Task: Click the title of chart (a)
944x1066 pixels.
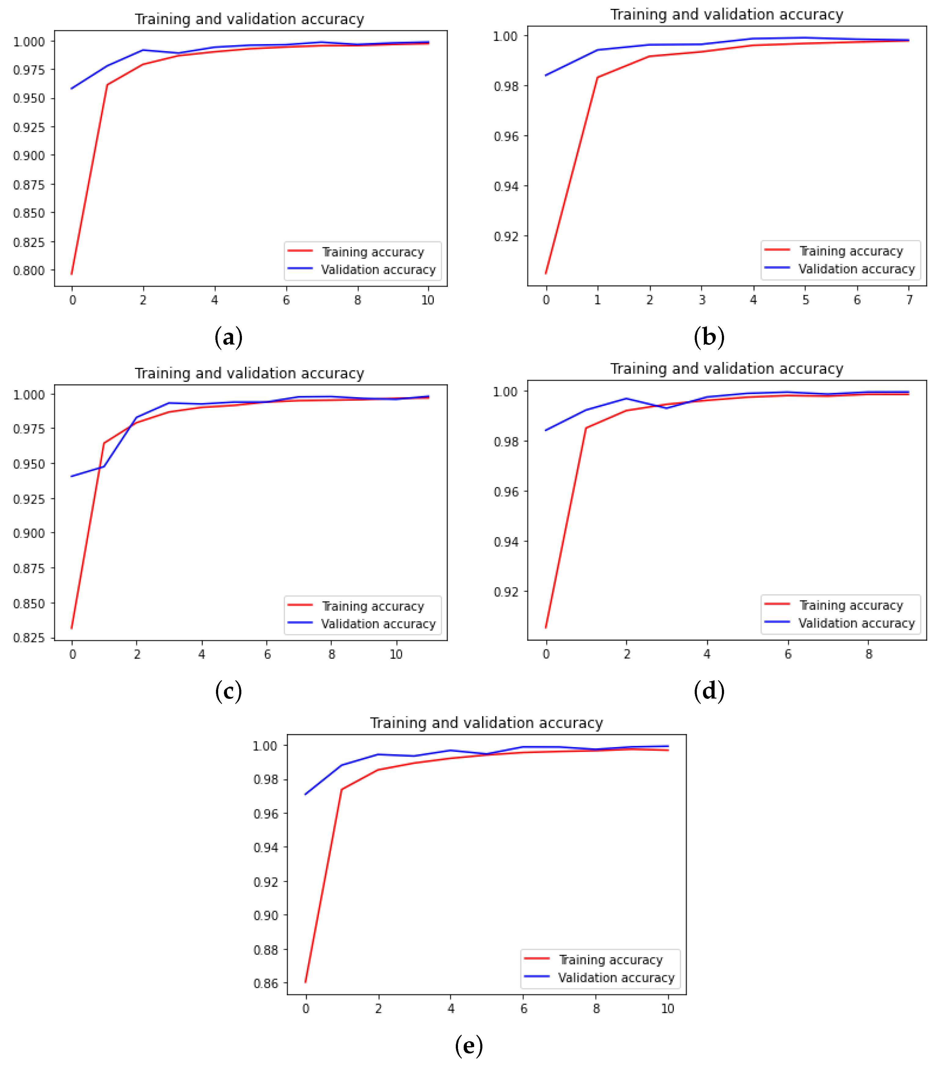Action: (x=249, y=19)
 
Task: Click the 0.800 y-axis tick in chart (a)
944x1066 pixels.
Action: (x=29, y=270)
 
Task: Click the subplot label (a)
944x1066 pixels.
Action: (x=228, y=338)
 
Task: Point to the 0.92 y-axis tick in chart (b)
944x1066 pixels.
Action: (x=506, y=236)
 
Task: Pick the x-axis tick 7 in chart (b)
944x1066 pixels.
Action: (x=909, y=300)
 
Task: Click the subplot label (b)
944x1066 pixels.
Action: (x=709, y=338)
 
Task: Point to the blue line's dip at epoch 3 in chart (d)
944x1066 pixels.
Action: (x=667, y=408)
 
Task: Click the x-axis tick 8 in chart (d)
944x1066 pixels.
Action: (x=869, y=654)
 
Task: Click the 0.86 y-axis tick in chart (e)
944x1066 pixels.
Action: (x=266, y=983)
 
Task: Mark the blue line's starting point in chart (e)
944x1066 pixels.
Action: (x=306, y=794)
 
